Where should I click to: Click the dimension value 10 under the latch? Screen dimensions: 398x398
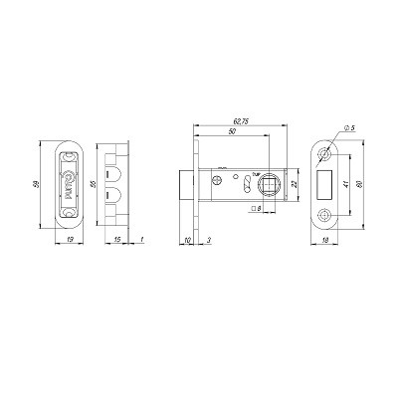pos(189,239)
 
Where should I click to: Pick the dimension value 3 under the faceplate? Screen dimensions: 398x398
pos(208,239)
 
